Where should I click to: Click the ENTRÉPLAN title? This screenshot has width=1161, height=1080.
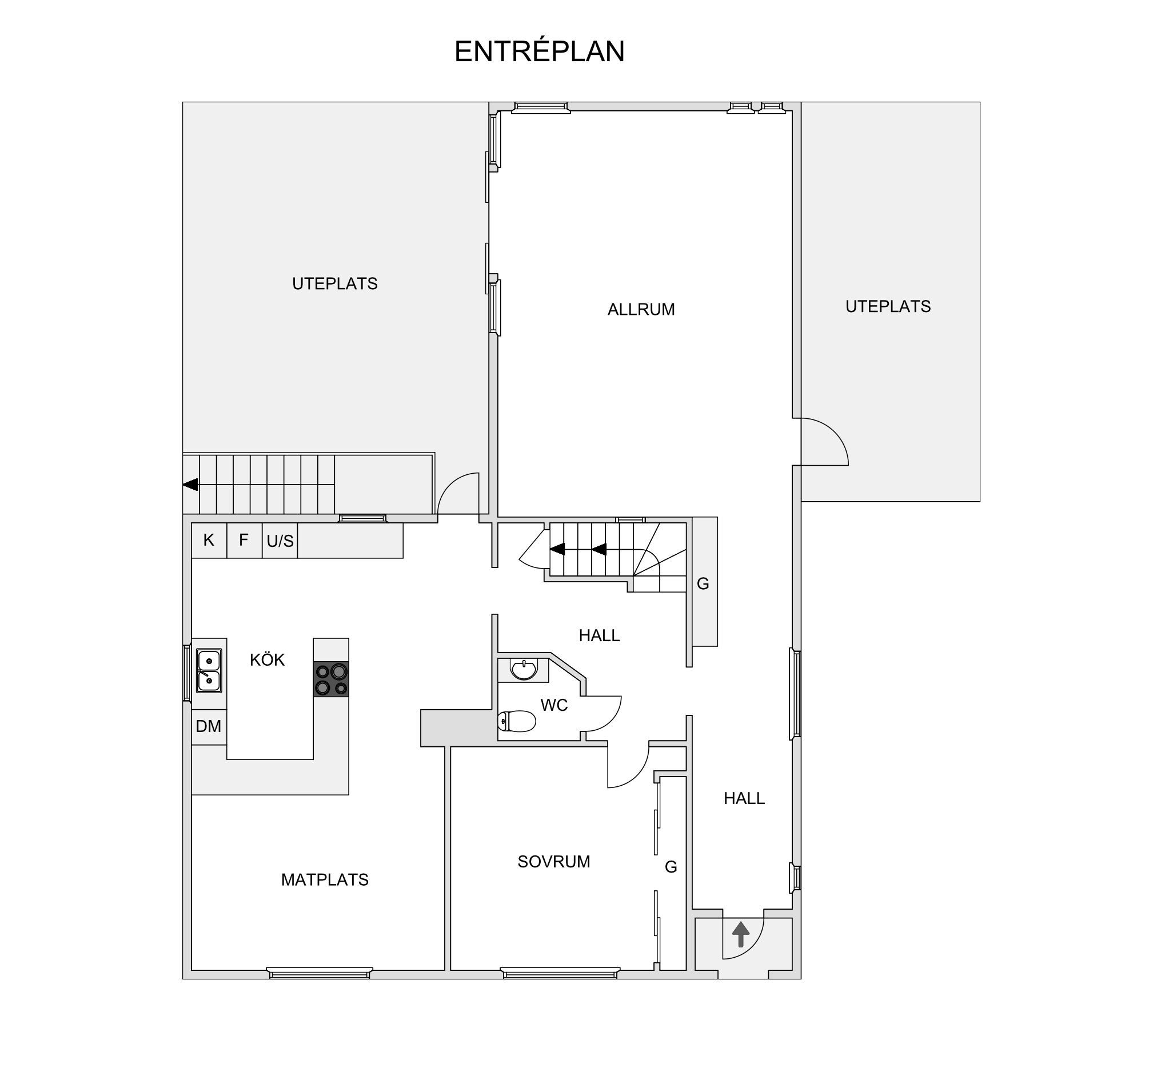click(539, 51)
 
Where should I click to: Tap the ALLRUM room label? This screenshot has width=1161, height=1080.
click(641, 309)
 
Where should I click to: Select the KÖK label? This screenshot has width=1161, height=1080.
click(267, 659)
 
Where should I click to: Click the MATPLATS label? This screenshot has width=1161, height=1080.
click(325, 880)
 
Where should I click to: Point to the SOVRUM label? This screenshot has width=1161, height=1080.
click(554, 862)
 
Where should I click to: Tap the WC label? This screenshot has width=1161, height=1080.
click(554, 705)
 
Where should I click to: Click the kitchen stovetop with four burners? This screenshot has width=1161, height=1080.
click(331, 679)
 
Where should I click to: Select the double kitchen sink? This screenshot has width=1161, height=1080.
click(209, 671)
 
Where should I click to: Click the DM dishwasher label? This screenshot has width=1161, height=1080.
click(209, 726)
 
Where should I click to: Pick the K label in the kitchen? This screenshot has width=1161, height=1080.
click(209, 540)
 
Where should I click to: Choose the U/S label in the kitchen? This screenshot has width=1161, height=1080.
click(280, 541)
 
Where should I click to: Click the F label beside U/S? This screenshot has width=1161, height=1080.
click(244, 539)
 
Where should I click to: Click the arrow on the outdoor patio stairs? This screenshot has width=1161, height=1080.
click(190, 485)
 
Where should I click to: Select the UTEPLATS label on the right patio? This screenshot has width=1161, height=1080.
click(888, 306)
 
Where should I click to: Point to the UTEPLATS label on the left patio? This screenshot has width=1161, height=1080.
click(334, 284)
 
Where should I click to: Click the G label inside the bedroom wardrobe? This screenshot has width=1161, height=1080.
click(671, 867)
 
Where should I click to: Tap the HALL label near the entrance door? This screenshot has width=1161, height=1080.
click(744, 799)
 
